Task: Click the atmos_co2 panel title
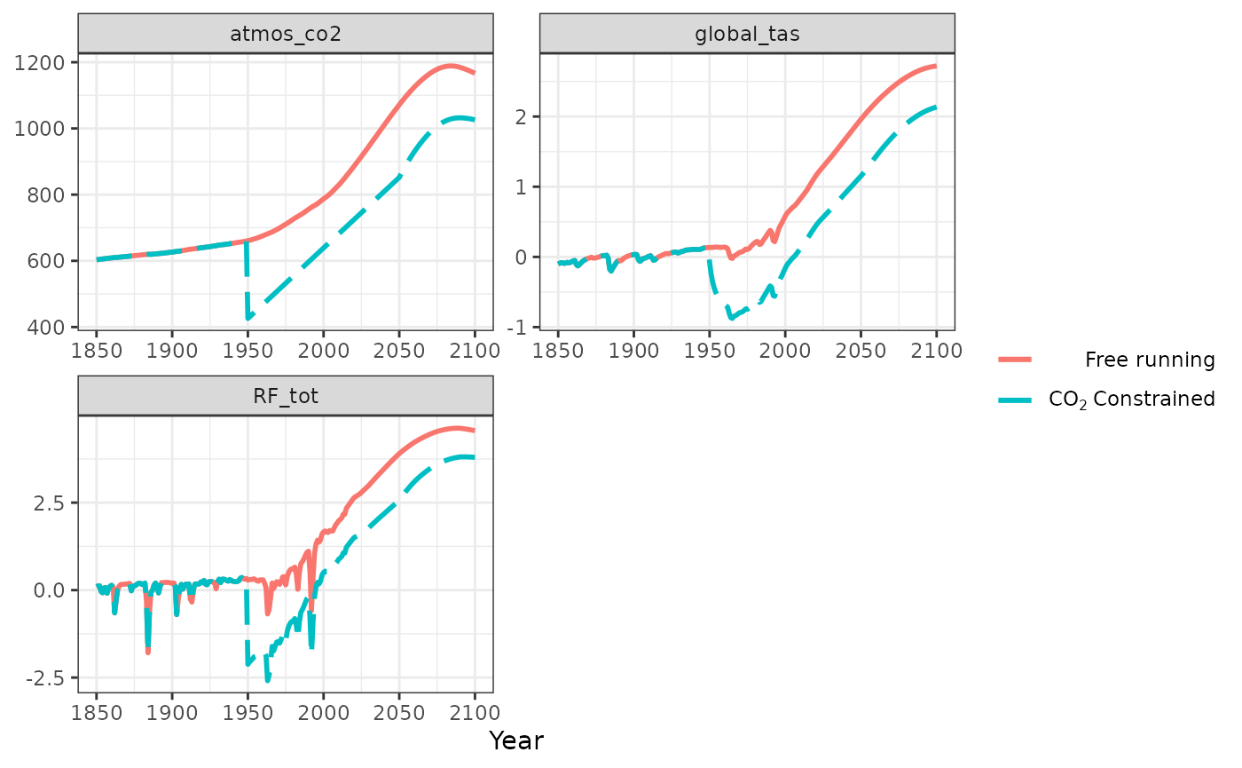[285, 34]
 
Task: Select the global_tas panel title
[747, 34]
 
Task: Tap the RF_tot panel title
[285, 396]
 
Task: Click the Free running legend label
[1149, 360]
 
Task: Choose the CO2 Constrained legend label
[1131, 400]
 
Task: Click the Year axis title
[515, 740]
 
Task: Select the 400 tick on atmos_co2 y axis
[51, 328]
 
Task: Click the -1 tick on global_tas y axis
[522, 328]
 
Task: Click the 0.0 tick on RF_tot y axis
[49, 590]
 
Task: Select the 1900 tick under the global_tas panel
[633, 349]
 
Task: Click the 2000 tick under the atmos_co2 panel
[323, 349]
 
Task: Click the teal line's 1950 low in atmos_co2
[248, 317]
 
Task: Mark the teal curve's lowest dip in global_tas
[731, 317]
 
